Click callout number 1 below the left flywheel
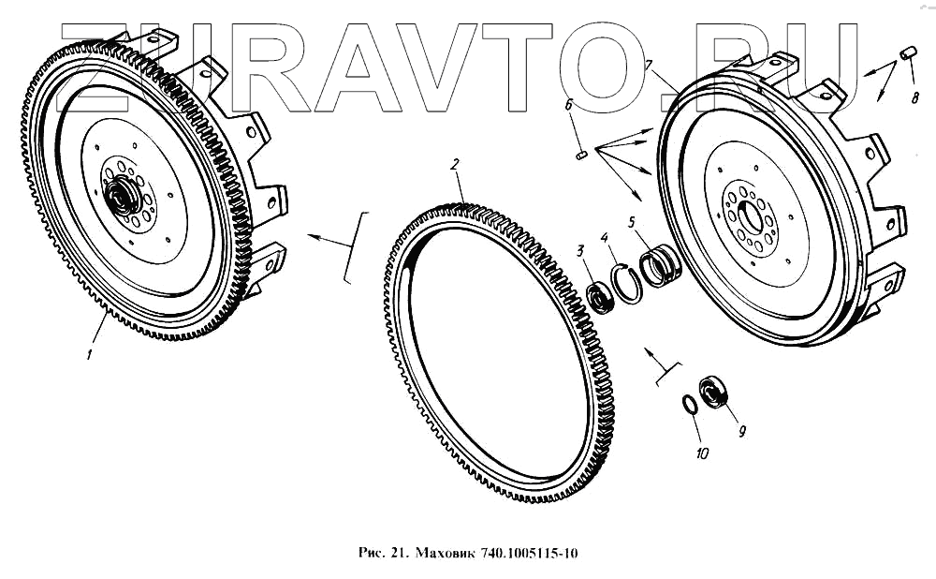[89, 354]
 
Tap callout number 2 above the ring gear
[455, 164]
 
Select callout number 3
[579, 251]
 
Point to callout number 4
[605, 238]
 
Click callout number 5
[632, 223]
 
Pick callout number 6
[568, 105]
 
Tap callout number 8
[915, 96]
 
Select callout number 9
[741, 431]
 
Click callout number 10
[703, 453]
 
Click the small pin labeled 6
[582, 156]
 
